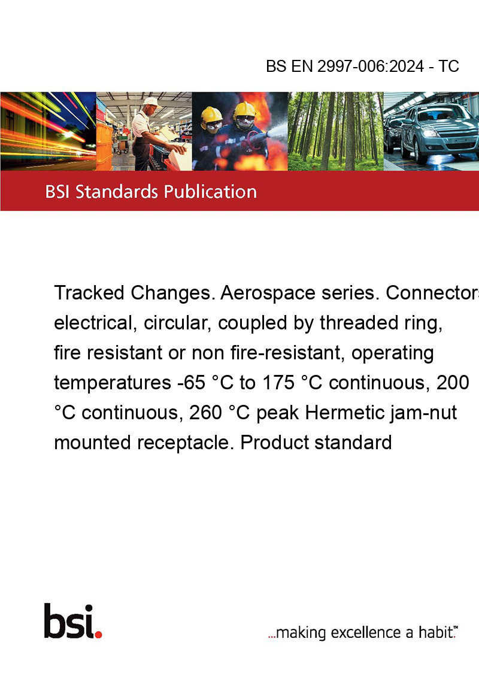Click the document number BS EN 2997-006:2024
(x=345, y=66)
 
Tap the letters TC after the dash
(x=448, y=66)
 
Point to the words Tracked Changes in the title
(x=135, y=293)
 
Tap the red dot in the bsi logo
(x=98, y=634)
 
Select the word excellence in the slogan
(x=366, y=632)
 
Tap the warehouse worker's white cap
(x=151, y=102)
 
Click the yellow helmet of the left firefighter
(x=211, y=115)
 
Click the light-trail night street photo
(x=48, y=131)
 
